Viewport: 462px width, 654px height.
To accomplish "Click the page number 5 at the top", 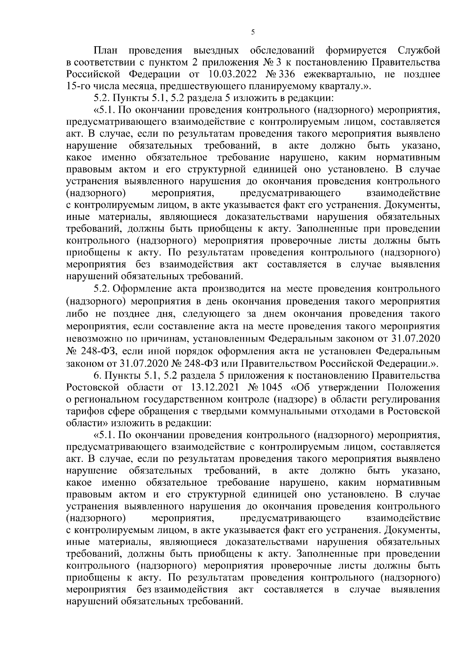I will click(253, 33).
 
